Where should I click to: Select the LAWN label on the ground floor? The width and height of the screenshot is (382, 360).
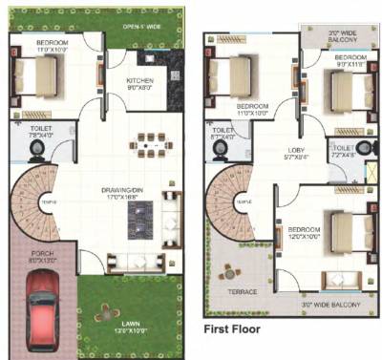tap(131, 326)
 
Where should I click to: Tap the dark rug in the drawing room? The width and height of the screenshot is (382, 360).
tap(138, 222)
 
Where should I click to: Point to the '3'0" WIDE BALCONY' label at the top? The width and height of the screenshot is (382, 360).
tap(331, 38)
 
